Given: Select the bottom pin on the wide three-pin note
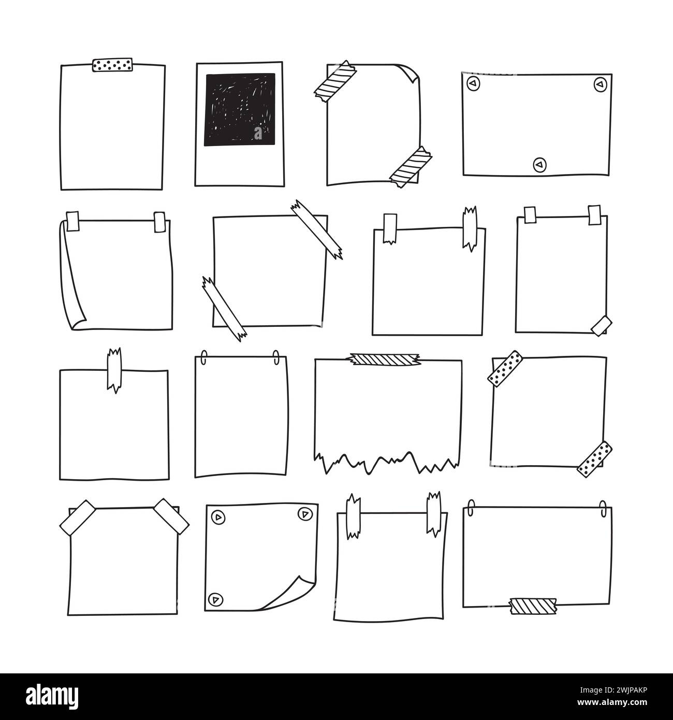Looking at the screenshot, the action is pos(539,164).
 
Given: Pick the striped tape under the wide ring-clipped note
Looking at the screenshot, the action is pos(533,604).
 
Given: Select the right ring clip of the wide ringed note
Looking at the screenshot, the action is pos(603,507).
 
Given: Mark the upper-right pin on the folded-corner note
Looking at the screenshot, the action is pos(303,514).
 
